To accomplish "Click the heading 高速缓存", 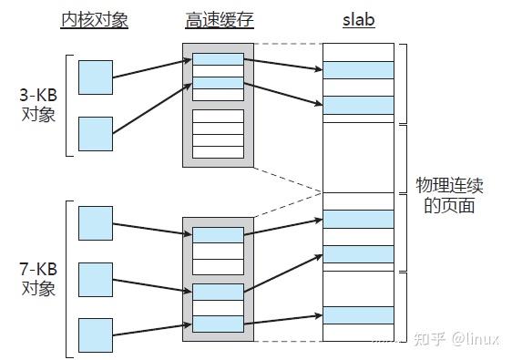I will pyautogui.click(x=217, y=20).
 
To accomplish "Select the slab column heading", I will pyautogui.click(x=358, y=20).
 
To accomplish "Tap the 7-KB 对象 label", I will pyautogui.click(x=39, y=280).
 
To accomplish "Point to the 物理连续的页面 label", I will pyautogui.click(x=448, y=195).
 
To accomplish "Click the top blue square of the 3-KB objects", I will pyautogui.click(x=96, y=77).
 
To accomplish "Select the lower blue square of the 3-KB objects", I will pyautogui.click(x=96, y=133).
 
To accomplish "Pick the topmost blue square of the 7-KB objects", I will pyautogui.click(x=96, y=222).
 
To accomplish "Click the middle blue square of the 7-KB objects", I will pyautogui.click(x=96, y=280).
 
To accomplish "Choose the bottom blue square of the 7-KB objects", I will pyautogui.click(x=96, y=334).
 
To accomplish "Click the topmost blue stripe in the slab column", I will pyautogui.click(x=358, y=70).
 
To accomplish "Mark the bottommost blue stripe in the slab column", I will pyautogui.click(x=358, y=314).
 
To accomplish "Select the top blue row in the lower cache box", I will pyautogui.click(x=218, y=234).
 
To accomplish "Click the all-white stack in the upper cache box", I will pyautogui.click(x=218, y=133).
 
